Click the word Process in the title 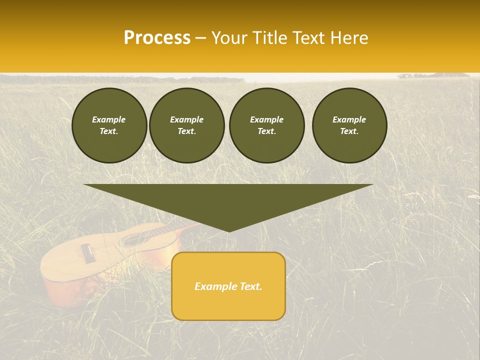pos(157,38)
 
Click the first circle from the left pos(109,125)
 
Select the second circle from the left pos(187,125)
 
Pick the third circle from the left pos(266,125)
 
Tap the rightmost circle pos(349,125)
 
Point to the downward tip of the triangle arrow pos(228,231)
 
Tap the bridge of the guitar pos(88,253)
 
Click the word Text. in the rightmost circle pos(349,131)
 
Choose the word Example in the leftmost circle pos(109,119)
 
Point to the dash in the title pos(201,38)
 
